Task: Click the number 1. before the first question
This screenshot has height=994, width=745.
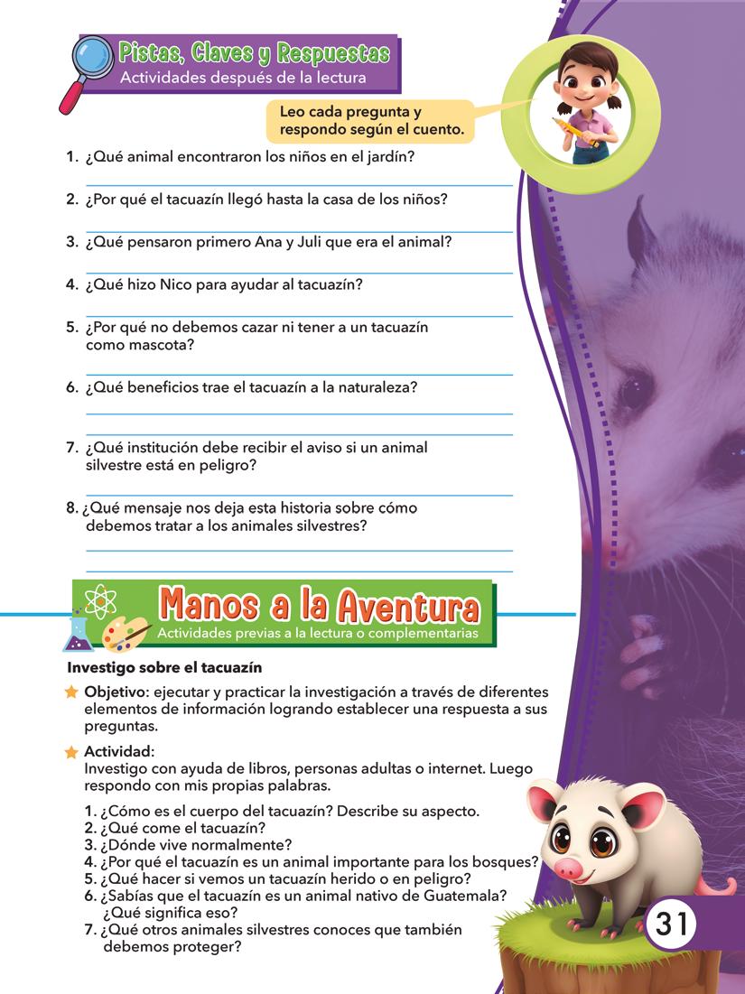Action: pos(71,156)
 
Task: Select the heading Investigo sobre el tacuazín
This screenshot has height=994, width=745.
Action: pos(164,668)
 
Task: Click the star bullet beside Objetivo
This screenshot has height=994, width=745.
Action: pos(71,692)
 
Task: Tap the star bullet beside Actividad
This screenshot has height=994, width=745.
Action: pos(71,752)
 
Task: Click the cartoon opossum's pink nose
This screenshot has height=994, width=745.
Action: pos(568,869)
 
